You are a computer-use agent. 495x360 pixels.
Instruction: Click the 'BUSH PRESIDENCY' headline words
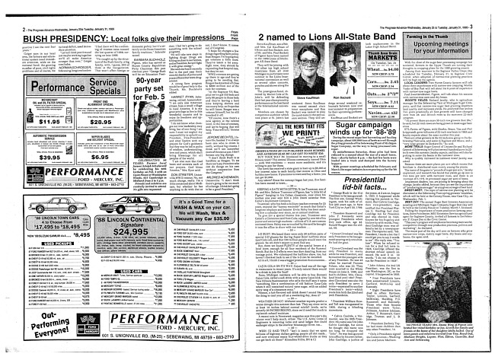[52, 17]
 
